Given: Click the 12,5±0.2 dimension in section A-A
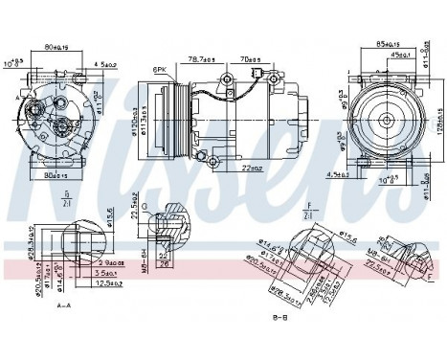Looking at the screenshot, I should [x=111, y=283].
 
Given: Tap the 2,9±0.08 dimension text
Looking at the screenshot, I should [x=111, y=261].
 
